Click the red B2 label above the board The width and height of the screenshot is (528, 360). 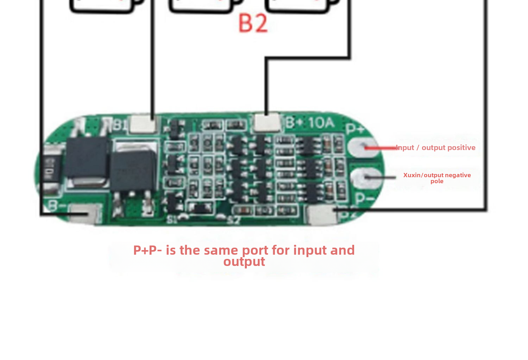(253, 23)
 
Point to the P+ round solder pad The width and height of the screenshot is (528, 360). (361, 147)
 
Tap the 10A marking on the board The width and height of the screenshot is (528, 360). (321, 123)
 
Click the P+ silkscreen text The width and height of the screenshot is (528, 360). (355, 129)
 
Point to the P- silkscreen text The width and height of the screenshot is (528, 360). (364, 199)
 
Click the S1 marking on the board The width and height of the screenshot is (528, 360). (172, 220)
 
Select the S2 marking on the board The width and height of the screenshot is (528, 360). (234, 221)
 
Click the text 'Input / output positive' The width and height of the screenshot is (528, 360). (436, 148)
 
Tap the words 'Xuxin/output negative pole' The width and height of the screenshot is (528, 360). (437, 178)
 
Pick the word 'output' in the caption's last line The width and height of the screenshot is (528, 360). (244, 262)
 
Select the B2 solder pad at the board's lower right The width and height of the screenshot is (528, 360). (321, 215)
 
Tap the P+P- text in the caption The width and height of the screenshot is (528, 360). (147, 250)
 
